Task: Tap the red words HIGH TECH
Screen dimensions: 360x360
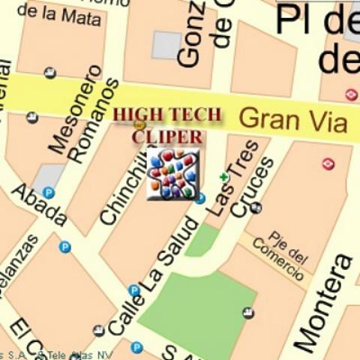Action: (167, 115)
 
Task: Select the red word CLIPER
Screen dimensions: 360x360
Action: (167, 136)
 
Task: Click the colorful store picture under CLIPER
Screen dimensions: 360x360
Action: (173, 173)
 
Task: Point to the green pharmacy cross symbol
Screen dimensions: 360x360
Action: (223, 177)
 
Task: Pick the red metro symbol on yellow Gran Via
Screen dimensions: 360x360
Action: (350, 94)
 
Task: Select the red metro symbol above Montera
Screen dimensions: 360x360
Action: (328, 163)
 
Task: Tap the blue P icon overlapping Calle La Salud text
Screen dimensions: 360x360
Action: (134, 290)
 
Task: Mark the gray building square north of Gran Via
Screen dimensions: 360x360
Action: (166, 45)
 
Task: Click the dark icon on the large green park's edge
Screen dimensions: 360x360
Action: (248, 313)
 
